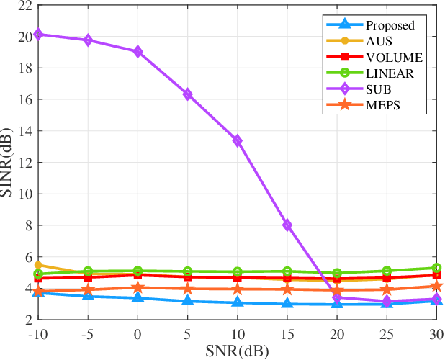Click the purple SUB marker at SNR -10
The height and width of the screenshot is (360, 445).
tap(38, 34)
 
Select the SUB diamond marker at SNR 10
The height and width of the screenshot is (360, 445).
tap(237, 140)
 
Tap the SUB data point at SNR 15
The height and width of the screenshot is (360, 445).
tap(287, 225)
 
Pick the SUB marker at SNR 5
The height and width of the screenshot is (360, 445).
tap(187, 94)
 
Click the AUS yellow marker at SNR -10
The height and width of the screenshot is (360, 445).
tap(38, 265)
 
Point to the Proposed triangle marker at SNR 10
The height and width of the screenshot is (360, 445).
tap(237, 302)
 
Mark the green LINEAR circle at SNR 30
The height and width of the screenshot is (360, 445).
tap(436, 268)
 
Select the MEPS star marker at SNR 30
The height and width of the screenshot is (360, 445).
tap(436, 287)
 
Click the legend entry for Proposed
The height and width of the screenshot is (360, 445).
tap(390, 25)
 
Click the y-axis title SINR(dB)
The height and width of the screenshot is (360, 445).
tap(9, 163)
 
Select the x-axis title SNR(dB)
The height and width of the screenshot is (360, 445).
tap(237, 351)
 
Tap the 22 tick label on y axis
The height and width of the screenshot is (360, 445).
tap(24, 6)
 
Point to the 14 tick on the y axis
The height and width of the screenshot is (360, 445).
tap(24, 131)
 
